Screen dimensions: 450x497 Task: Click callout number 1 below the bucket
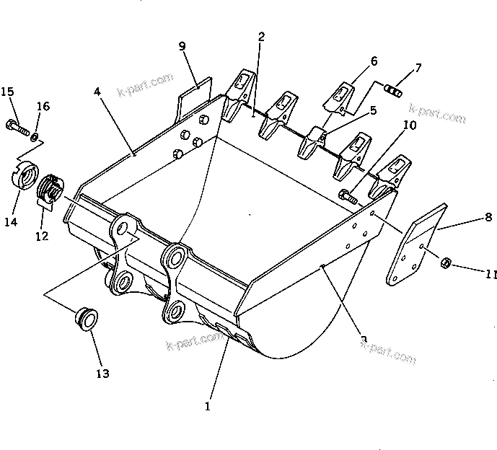(207, 407)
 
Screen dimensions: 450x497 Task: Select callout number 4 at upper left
(97, 92)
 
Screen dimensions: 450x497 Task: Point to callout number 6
(374, 61)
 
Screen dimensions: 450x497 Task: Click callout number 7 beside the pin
(418, 69)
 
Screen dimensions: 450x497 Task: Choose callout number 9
(182, 46)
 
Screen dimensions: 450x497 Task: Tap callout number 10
(409, 125)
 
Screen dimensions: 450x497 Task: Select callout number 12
(41, 235)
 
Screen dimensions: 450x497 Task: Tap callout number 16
(43, 107)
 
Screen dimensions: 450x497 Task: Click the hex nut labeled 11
(446, 262)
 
